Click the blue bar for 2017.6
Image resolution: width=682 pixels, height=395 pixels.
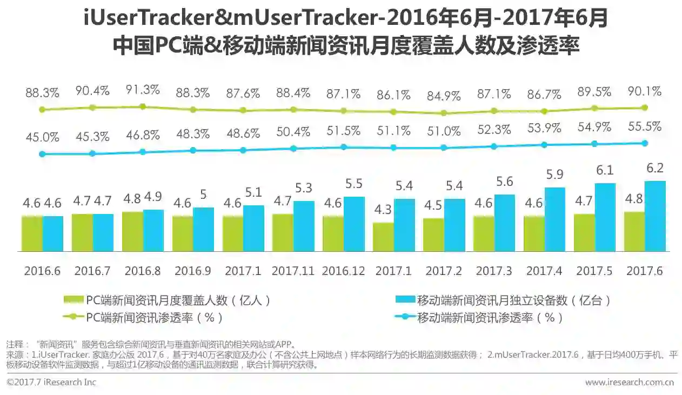[654, 216]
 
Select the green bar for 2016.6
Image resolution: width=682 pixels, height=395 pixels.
[32, 233]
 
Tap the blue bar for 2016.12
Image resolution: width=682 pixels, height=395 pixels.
[354, 224]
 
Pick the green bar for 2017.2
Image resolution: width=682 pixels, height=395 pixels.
[433, 235]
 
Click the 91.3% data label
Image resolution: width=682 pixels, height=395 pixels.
[142, 90]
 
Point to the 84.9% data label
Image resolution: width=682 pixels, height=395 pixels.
[443, 97]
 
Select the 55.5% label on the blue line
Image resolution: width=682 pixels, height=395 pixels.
[645, 126]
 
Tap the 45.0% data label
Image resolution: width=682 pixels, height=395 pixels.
[42, 137]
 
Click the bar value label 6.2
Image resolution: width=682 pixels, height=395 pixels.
[654, 168]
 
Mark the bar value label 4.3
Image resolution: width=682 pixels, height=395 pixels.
[384, 210]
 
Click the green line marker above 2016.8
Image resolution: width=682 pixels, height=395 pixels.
[143, 106]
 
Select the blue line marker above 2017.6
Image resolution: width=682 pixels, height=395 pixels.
[644, 143]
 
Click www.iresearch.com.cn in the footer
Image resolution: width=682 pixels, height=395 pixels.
[629, 383]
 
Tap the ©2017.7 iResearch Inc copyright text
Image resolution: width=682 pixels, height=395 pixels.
[51, 383]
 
